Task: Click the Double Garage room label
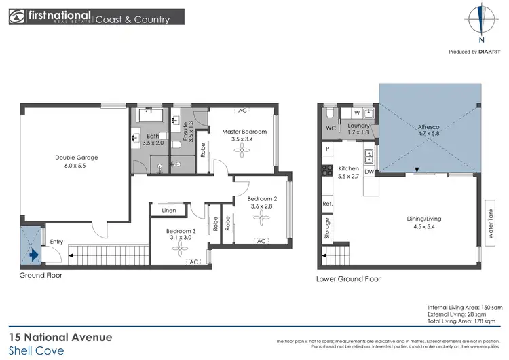coord(76,157)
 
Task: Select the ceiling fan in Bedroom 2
coord(263,217)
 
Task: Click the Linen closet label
coord(169,211)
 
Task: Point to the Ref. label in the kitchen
coord(327,204)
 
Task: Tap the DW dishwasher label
coord(370,172)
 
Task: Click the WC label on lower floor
coord(331,128)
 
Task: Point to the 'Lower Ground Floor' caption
coord(348,279)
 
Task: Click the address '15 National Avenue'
coord(60,336)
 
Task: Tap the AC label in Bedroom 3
coord(193,262)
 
